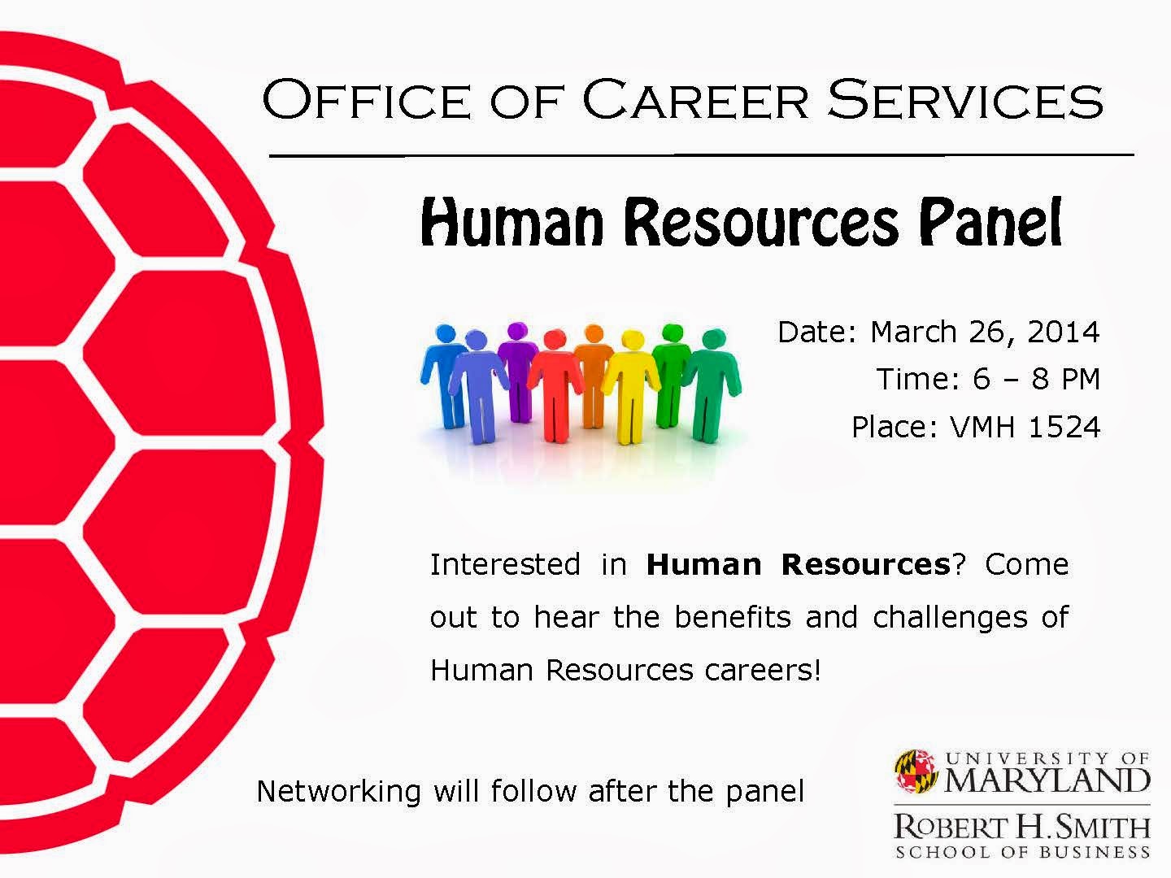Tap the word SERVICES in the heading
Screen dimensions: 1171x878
click(x=965, y=99)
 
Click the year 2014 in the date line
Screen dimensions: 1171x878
click(x=1063, y=332)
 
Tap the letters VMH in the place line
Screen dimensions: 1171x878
click(x=982, y=427)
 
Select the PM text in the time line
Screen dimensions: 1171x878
click(x=1080, y=379)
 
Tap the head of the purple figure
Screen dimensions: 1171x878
click(x=517, y=331)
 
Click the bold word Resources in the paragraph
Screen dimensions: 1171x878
click(x=865, y=564)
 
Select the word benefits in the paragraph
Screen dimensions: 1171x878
click(x=733, y=617)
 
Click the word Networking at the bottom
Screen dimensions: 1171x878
click(x=338, y=792)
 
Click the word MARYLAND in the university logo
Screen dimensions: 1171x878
click(x=1047, y=780)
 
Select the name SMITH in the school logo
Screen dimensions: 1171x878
click(x=1095, y=828)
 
